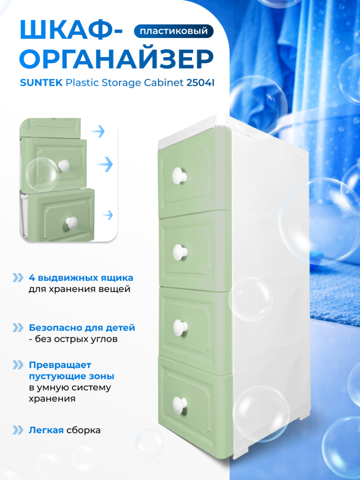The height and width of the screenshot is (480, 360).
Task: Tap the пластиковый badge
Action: [173, 31]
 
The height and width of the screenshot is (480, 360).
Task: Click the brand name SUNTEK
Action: [41, 82]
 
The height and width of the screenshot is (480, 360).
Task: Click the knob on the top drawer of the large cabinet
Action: [180, 175]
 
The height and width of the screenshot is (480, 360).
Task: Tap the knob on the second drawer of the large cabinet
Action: [180, 252]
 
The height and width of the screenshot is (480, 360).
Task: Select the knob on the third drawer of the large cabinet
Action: [180, 328]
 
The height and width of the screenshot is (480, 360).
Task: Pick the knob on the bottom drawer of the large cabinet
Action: [180, 404]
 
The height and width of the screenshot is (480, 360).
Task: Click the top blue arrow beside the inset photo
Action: [98, 131]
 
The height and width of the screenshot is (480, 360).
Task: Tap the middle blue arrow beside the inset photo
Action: [105, 165]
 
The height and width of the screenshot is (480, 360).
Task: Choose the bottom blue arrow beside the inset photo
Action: [108, 215]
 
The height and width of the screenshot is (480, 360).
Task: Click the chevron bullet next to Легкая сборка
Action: [18, 430]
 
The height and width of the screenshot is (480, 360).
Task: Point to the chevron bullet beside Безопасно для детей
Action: [18, 328]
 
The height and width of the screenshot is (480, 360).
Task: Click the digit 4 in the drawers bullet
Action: [31, 278]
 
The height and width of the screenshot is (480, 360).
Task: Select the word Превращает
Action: [60, 365]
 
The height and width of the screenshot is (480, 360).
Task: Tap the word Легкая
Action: [46, 430]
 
